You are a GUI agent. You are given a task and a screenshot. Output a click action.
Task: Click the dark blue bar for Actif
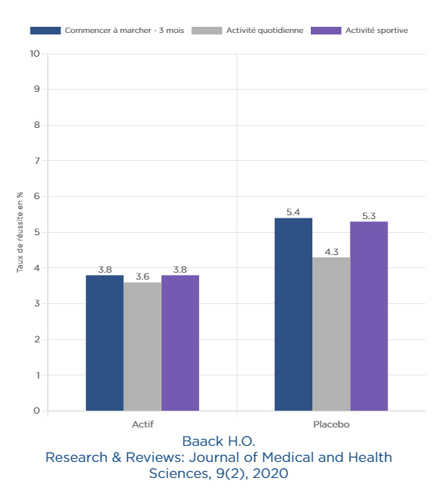pyautogui.click(x=105, y=343)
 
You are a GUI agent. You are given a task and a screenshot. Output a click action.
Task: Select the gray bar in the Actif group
pyautogui.click(x=142, y=346)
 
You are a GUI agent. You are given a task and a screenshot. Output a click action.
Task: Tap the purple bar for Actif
pyautogui.click(x=180, y=343)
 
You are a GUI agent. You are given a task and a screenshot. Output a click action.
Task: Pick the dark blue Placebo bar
pyautogui.click(x=293, y=314)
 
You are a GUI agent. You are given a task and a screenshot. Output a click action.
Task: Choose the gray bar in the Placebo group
pyautogui.click(x=331, y=334)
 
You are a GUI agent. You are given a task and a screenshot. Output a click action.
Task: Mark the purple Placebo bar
pyautogui.click(x=369, y=316)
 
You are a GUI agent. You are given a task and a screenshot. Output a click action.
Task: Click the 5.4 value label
pyautogui.click(x=293, y=212)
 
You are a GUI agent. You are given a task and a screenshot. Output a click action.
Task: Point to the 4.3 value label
pyautogui.click(x=331, y=252)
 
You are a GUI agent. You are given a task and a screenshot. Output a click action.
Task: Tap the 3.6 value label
pyautogui.click(x=142, y=277)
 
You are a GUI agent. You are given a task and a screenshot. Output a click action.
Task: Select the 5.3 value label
pyautogui.click(x=369, y=216)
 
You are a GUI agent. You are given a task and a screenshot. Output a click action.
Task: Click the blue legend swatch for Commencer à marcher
pyautogui.click(x=45, y=31)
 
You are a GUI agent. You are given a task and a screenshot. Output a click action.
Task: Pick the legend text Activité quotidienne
pyautogui.click(x=265, y=31)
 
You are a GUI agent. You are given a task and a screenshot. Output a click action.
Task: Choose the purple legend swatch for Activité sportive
pyautogui.click(x=326, y=31)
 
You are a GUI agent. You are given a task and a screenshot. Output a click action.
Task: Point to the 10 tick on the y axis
pyautogui.click(x=34, y=54)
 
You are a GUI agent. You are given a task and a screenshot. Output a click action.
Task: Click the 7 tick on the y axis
pyautogui.click(x=37, y=161)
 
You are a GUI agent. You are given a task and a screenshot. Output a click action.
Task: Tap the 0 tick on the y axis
pyautogui.click(x=37, y=411)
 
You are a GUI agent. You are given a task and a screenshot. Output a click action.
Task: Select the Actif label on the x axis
pyautogui.click(x=142, y=424)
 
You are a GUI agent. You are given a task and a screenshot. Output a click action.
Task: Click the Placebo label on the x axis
pyautogui.click(x=331, y=424)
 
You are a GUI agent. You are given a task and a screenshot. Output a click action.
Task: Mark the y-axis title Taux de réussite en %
pyautogui.click(x=20, y=232)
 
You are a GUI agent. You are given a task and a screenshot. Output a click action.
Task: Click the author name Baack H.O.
pyautogui.click(x=219, y=441)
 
